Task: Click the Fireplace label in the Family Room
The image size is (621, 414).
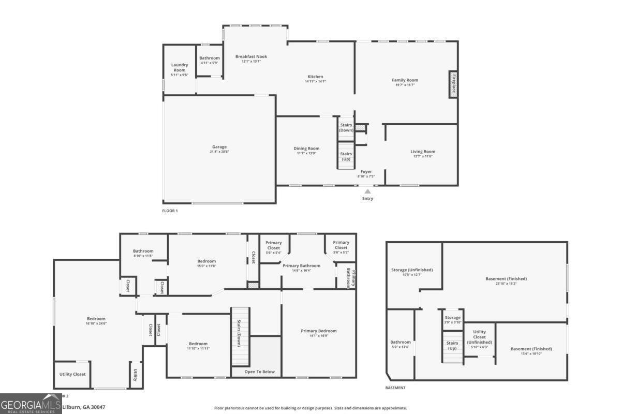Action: (x=453, y=84)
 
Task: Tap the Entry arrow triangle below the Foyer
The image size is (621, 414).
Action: (x=367, y=191)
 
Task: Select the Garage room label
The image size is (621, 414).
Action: (x=219, y=147)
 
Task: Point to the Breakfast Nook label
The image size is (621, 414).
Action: (x=251, y=56)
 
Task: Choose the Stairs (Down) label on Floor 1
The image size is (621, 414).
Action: (x=346, y=127)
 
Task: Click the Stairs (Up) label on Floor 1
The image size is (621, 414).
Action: (x=346, y=156)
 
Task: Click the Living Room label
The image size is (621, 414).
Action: (x=423, y=152)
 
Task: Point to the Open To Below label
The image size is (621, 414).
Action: (x=260, y=372)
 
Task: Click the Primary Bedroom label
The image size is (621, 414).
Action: (x=319, y=331)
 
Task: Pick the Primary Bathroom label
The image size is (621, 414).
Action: (x=301, y=265)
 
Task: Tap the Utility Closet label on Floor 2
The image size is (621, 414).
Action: (x=72, y=374)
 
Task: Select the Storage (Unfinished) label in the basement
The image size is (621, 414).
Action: (x=412, y=270)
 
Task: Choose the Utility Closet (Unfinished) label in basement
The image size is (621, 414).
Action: (x=479, y=337)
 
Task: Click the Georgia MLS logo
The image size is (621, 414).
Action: (x=31, y=404)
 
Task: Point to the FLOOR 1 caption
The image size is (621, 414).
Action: (x=170, y=211)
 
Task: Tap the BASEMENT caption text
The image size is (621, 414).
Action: (x=395, y=388)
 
